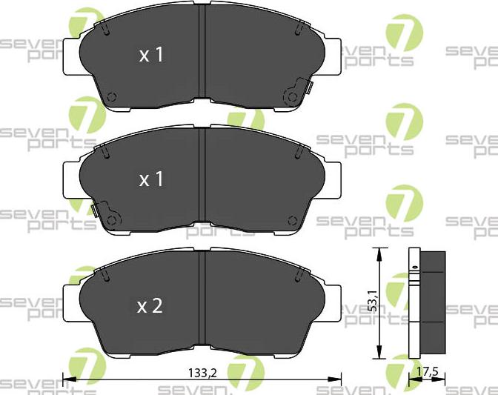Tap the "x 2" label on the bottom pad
tap(150, 306)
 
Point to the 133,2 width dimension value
tap(202, 373)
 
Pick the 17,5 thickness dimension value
tap(426, 372)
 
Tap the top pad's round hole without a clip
tap(112, 97)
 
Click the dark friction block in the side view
tap(433, 304)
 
